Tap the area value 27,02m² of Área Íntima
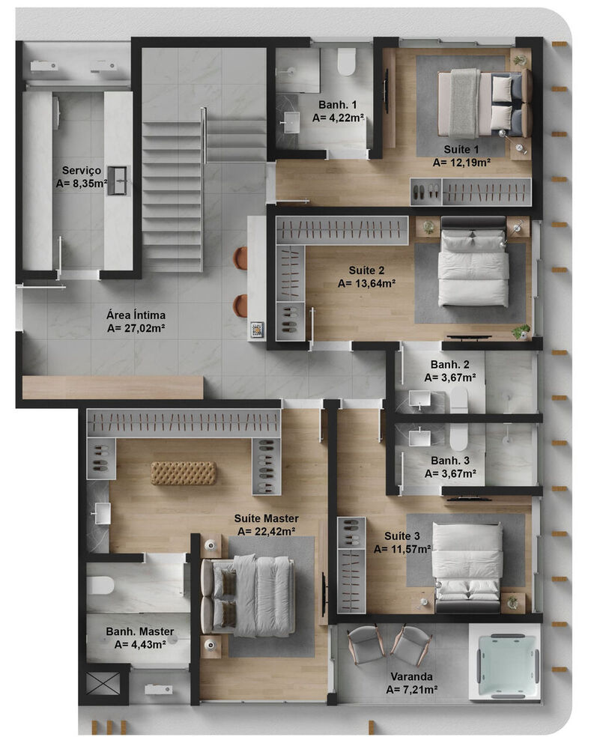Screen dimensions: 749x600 tap(136, 327)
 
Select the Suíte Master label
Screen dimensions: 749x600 tap(266, 518)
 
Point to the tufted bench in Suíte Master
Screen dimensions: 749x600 tap(184, 473)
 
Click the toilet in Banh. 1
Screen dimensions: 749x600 tap(345, 63)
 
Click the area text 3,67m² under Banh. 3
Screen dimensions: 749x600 tap(451, 473)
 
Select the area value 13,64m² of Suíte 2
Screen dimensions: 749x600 tap(366, 283)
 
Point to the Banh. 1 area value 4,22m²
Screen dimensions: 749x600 tap(338, 118)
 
